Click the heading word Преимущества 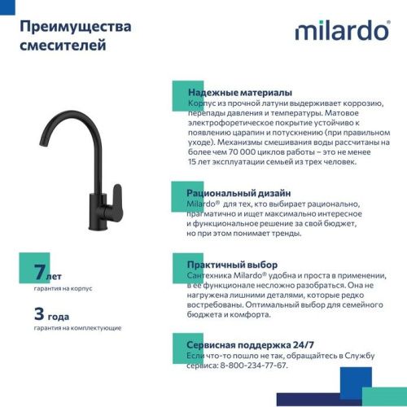coord(74,27)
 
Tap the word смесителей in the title coord(62,46)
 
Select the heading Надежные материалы coord(239,93)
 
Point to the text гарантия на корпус coord(63,288)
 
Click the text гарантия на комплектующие coord(77,327)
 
